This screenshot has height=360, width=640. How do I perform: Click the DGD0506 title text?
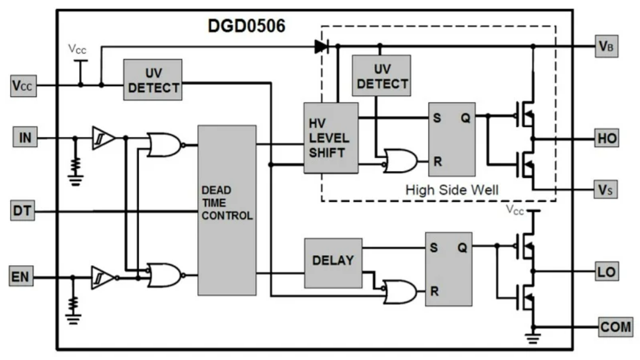coord(246,26)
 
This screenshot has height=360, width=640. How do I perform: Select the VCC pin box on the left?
coord(23,86)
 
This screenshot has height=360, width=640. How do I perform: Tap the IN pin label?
coord(25,138)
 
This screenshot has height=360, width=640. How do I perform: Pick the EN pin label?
coord(23,276)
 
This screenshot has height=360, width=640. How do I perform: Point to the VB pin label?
coord(607,47)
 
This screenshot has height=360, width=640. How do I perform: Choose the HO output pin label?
coord(607,138)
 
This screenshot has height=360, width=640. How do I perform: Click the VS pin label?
coord(607,189)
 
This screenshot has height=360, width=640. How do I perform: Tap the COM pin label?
coord(616,327)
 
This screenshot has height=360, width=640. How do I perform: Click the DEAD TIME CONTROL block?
coord(227,210)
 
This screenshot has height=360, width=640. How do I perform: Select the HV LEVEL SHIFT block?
coord(330,138)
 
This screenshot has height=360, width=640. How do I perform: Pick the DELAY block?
coord(333,260)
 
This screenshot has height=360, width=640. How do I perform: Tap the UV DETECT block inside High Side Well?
coord(382,76)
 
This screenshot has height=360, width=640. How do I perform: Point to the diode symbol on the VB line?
coord(321,46)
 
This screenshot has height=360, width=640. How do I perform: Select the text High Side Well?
coord(452,190)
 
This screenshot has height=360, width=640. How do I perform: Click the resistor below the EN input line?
coord(74,303)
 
